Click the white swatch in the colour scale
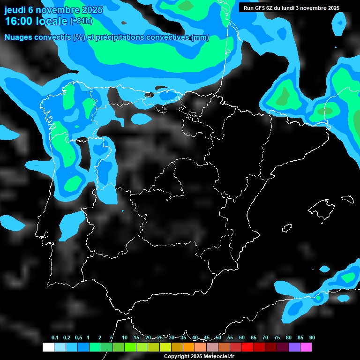coord(48,347)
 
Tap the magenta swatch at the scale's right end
coord(306,347)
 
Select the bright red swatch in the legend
coord(247,347)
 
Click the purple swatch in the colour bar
coord(294,347)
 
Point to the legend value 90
coord(312,338)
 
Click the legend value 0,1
coord(55,338)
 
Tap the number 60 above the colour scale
coord(242,338)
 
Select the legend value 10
coord(125,338)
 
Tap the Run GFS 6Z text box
coord(292,8)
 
